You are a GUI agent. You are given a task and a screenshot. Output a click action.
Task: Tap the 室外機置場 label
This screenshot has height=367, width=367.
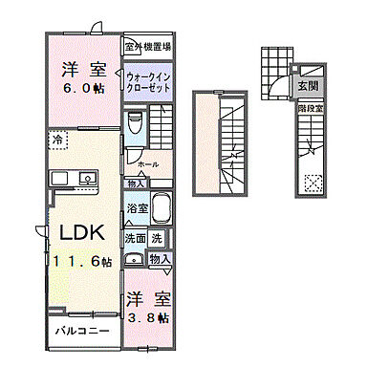click(x=147, y=45)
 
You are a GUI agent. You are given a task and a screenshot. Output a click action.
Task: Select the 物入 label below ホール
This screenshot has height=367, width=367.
click(x=137, y=183)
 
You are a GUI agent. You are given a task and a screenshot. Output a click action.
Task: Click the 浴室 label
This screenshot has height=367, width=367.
click(x=136, y=207)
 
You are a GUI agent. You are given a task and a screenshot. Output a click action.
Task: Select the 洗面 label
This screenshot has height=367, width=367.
click(x=135, y=238)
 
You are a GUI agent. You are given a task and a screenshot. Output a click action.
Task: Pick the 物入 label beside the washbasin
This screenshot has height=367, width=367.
click(x=159, y=258)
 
